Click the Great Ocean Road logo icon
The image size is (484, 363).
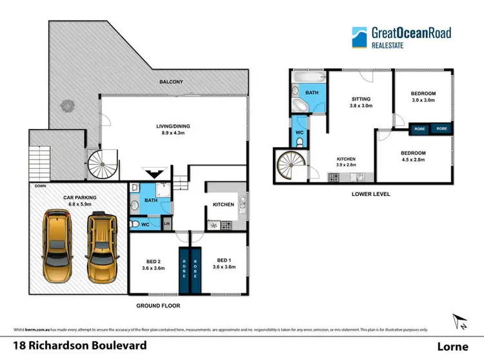point(359,37)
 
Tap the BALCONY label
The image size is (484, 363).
point(171,82)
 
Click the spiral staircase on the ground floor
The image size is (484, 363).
point(104,164)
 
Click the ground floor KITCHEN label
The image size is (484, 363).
point(223,204)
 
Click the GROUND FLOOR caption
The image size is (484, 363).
point(157,306)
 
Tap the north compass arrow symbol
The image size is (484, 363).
point(459,320)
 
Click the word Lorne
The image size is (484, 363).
point(453,346)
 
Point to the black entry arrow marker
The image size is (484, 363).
point(154,173)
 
